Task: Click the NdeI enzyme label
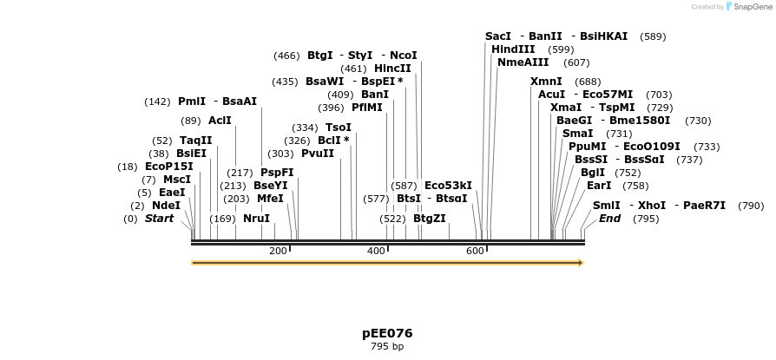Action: click(x=166, y=206)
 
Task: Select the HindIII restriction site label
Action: click(x=513, y=49)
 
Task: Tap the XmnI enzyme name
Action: click(x=546, y=82)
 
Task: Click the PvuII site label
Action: click(x=318, y=154)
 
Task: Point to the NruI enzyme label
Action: click(x=256, y=219)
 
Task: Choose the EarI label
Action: click(x=599, y=186)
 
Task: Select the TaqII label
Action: click(x=195, y=141)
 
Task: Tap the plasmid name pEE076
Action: click(x=387, y=333)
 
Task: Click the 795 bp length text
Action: click(x=387, y=347)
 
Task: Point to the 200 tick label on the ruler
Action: click(x=278, y=251)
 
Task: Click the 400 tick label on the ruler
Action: click(x=376, y=251)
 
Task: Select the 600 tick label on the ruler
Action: click(x=475, y=251)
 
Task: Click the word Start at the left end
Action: click(x=159, y=219)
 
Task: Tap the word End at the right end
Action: click(x=609, y=219)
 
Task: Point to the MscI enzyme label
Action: click(x=177, y=180)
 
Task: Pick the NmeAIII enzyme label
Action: click(x=523, y=62)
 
